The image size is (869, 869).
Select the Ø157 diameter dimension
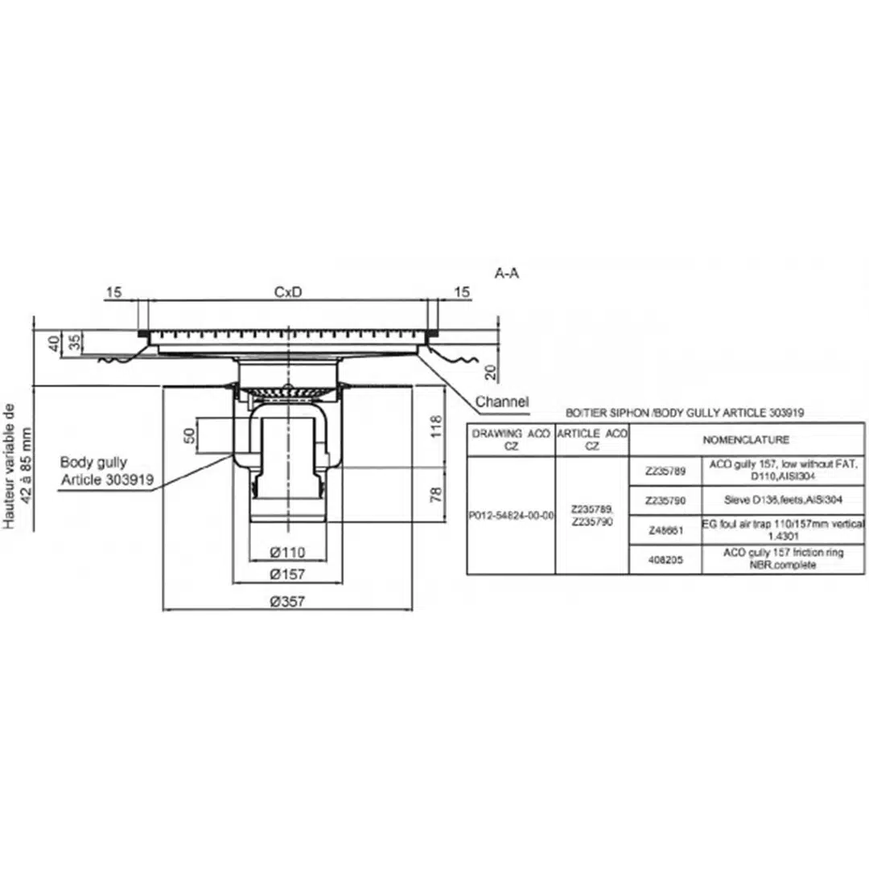click(287, 575)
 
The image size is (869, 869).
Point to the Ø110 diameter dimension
click(287, 553)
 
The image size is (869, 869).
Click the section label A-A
click(507, 274)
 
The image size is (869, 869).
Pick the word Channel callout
click(502, 401)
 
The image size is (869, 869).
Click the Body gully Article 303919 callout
click(107, 472)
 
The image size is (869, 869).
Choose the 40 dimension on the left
click(54, 344)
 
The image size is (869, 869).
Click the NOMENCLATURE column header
click(746, 440)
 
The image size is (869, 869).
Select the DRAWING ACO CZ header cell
click(511, 439)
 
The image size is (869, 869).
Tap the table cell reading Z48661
click(665, 530)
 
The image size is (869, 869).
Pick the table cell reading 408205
click(665, 560)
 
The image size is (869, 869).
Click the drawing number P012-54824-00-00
click(511, 516)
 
